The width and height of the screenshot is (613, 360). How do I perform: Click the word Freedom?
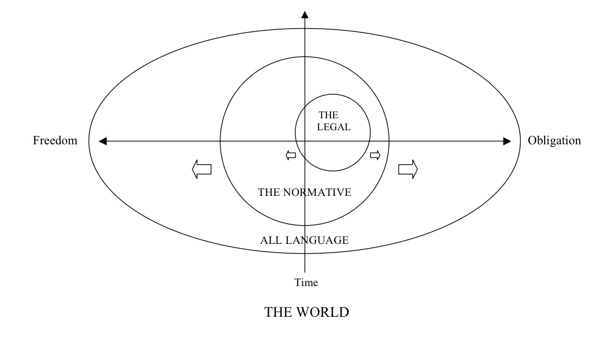pos(55,141)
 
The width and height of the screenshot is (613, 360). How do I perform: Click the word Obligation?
pos(554,141)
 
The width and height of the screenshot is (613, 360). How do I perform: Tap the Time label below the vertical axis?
pos(306,282)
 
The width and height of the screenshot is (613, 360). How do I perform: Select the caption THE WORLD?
pos(307,312)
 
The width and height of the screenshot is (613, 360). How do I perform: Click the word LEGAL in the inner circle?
pos(334,127)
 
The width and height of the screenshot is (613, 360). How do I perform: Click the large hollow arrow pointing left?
pos(202,169)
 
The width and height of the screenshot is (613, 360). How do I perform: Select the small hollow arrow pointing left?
pos(291,155)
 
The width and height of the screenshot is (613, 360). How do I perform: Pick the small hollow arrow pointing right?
pos(375,155)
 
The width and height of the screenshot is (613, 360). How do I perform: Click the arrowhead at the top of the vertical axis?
pos(305,15)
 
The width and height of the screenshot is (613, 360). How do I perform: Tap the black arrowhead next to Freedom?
pos(103,141)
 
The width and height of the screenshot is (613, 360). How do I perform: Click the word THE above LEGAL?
pos(328,115)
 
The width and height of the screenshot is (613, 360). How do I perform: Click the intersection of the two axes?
pos(305,141)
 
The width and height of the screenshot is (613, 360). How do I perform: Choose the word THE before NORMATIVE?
pos(269,192)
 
